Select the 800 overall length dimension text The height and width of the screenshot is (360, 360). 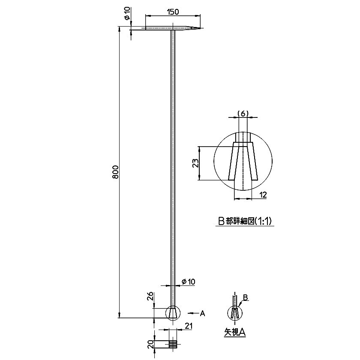(x=115, y=172)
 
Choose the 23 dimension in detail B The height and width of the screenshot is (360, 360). (x=195, y=163)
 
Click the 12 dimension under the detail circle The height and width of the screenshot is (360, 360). (x=263, y=195)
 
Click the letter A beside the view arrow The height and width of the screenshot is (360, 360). (x=203, y=314)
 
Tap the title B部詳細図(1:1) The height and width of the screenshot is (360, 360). (x=245, y=221)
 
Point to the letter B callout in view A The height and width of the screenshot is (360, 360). (x=245, y=297)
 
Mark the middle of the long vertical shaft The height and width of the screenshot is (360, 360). (x=173, y=171)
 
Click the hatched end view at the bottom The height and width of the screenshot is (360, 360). (x=173, y=344)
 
